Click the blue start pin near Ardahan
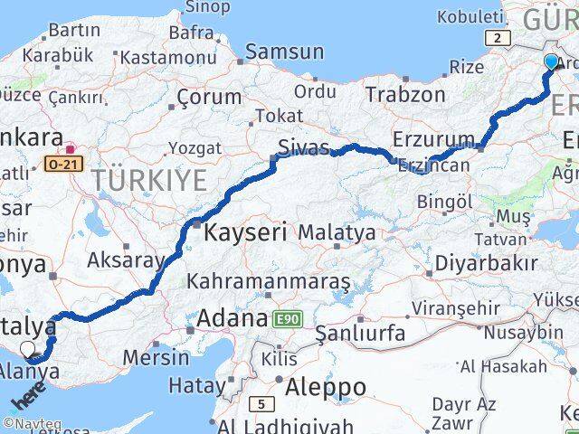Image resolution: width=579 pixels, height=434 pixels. [x=551, y=61]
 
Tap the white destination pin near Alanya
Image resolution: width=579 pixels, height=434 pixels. [x=28, y=349]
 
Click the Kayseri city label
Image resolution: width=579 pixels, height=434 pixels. [x=245, y=231]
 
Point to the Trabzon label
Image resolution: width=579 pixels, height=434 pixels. [x=405, y=94]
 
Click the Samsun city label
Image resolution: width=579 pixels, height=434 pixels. [x=284, y=52]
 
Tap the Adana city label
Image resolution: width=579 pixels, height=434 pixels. [x=231, y=318]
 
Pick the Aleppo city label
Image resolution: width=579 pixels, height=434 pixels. [x=326, y=388]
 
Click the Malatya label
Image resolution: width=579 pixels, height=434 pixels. [x=337, y=232]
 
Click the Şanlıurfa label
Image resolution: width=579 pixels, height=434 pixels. [x=360, y=334]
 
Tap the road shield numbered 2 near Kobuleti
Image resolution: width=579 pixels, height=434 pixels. [x=497, y=37]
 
